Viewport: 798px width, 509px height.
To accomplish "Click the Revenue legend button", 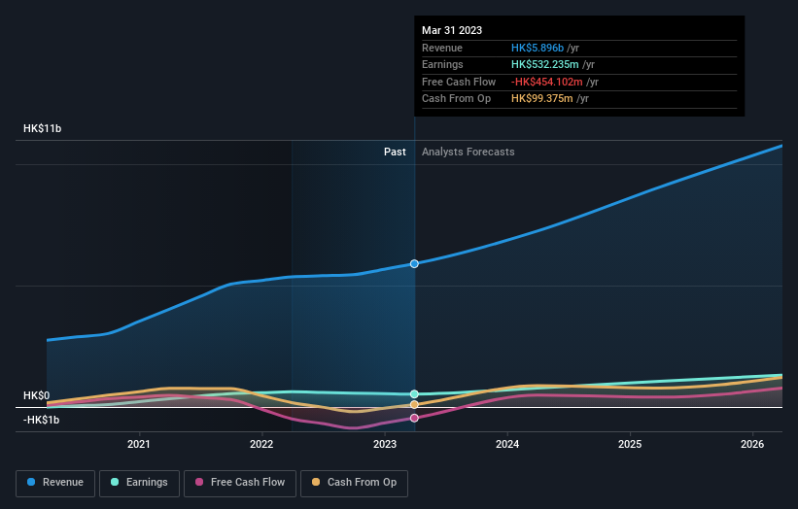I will [x=55, y=482].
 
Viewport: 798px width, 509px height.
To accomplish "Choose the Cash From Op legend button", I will [x=355, y=482].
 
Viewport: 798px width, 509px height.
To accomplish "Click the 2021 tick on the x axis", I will [x=139, y=445].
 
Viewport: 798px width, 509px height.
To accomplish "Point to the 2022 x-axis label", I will [x=261, y=445].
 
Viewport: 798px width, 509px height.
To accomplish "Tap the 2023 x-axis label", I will [x=384, y=445].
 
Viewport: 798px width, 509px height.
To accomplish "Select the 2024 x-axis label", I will [x=506, y=445].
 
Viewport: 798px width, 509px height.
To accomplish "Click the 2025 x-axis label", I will [x=630, y=445].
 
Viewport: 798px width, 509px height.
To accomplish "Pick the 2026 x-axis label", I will [x=752, y=445].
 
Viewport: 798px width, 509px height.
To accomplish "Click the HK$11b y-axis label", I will [x=43, y=129].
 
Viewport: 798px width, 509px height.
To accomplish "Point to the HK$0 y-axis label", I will [x=36, y=396].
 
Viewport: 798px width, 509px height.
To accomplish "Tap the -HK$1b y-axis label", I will [x=42, y=420].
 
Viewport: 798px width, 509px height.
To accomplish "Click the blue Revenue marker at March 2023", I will [x=414, y=263].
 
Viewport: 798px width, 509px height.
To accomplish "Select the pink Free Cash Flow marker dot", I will [x=414, y=418].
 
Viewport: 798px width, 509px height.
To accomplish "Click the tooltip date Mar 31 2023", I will [x=452, y=31].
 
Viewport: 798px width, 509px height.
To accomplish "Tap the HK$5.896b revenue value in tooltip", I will [x=544, y=49].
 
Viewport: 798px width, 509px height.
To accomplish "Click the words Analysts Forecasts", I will [x=468, y=152].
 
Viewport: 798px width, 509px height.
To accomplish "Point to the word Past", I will [x=395, y=152].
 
